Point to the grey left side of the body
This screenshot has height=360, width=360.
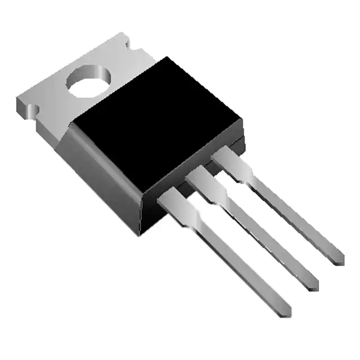tap(101, 163)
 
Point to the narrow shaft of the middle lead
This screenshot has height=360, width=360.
tap(264, 236)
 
